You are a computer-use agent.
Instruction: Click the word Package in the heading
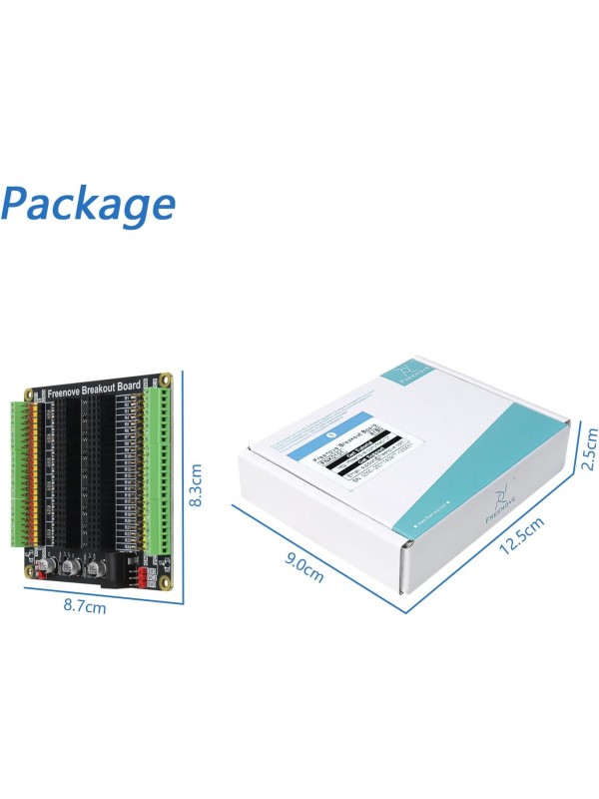pos(88,204)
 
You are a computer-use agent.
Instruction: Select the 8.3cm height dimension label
pos(197,484)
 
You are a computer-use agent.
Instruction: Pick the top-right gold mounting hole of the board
pos(166,380)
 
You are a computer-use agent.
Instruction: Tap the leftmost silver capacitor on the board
pos(47,565)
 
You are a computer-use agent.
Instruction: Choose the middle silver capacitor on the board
pos(71,567)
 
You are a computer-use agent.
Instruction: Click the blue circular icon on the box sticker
pos(330,435)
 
